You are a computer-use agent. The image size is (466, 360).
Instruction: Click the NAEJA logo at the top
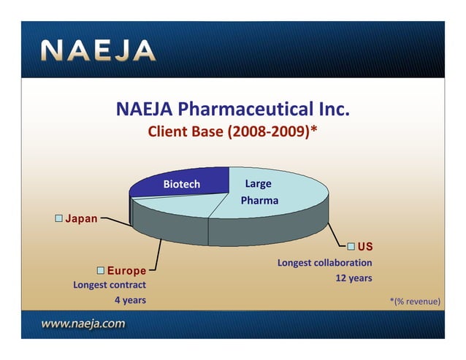coord(98,51)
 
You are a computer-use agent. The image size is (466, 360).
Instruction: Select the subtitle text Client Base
coord(186,133)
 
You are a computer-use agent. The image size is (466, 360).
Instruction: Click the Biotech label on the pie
coord(181,185)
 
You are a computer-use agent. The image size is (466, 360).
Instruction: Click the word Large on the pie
coord(258,184)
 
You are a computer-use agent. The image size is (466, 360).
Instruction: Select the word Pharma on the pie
coord(259,200)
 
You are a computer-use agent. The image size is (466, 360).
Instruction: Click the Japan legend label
coord(82,218)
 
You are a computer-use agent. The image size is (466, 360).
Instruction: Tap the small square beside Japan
coord(58,218)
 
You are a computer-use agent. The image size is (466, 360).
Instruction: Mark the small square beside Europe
coord(100,272)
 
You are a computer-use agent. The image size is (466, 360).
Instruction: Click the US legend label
coord(365,246)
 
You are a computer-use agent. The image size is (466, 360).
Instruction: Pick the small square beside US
coord(351,246)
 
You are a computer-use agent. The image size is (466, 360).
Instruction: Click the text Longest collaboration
coord(324,263)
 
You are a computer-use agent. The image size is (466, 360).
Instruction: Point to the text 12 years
coord(354,278)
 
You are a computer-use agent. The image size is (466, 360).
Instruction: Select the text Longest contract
coord(110,285)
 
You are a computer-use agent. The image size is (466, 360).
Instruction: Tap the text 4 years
coord(130,300)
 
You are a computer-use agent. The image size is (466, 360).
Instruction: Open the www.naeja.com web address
coord(83,323)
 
